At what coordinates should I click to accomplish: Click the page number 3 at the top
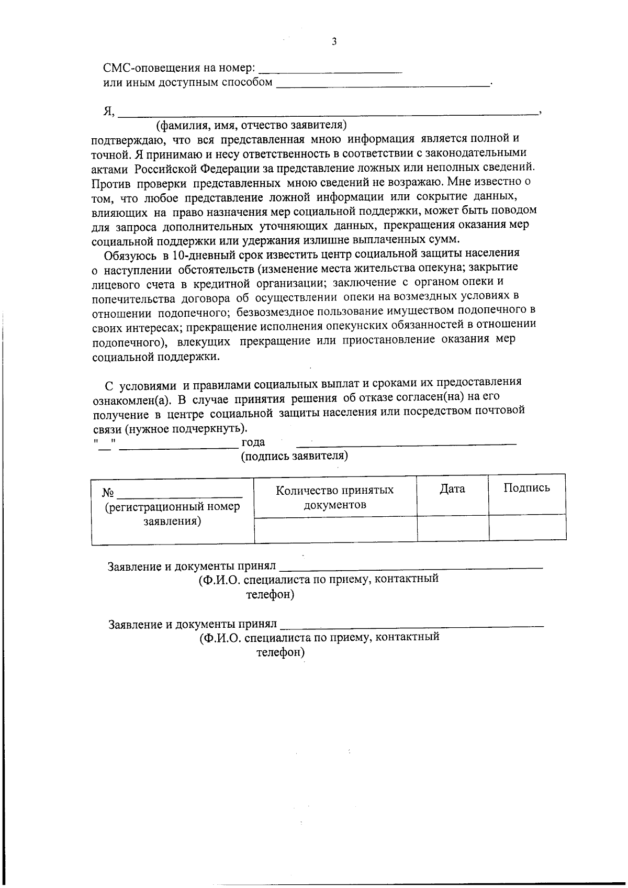(334, 42)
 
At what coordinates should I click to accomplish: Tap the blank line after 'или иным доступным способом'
(383, 84)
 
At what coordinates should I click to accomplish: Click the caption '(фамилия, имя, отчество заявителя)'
(252, 126)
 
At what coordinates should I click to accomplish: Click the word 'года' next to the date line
(253, 442)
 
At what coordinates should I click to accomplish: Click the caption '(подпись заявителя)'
(295, 456)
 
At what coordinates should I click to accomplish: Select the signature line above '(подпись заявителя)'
(406, 444)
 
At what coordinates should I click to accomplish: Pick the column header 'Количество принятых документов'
(335, 497)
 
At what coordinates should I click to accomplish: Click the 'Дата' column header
(452, 489)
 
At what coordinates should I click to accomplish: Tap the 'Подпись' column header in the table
(526, 488)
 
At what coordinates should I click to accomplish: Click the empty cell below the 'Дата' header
(453, 528)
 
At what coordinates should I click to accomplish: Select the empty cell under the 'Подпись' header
(527, 528)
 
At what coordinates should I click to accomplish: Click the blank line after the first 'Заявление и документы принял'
(411, 566)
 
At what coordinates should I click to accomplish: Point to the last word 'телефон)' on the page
(281, 653)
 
